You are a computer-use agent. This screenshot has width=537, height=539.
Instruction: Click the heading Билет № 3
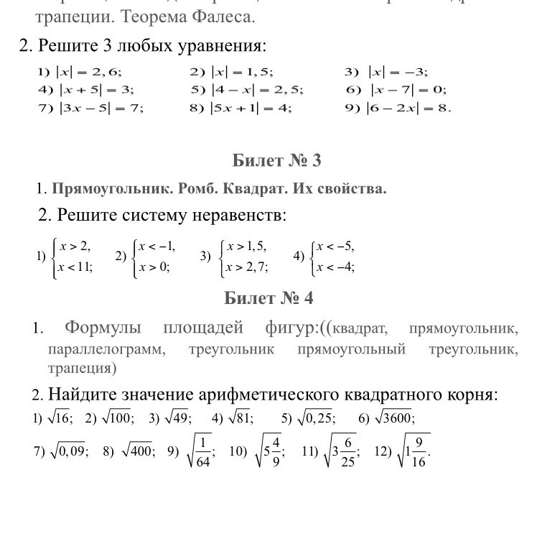point(277,161)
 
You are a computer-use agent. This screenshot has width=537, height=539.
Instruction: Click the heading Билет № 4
point(268,298)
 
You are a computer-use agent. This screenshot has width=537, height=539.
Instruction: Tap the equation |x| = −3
point(398,72)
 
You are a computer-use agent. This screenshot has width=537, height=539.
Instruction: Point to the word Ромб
point(187,190)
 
